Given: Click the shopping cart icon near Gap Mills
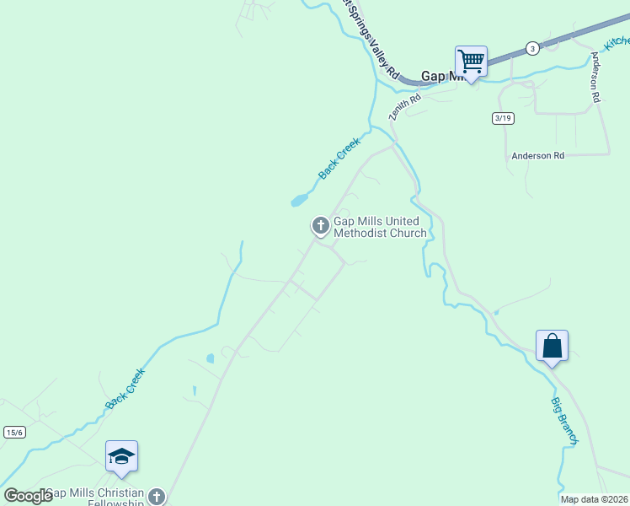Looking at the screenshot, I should (471, 61).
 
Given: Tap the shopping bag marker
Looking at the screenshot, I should (552, 346).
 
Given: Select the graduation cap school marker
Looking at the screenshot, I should (121, 456).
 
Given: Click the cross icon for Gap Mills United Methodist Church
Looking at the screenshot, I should (320, 226).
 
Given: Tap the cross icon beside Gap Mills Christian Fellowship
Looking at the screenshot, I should (157, 497).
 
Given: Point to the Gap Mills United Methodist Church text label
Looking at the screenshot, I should (380, 227).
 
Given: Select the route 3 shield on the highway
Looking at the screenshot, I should (532, 48).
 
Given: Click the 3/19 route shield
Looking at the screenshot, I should (503, 118).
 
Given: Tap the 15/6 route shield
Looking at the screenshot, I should (14, 432).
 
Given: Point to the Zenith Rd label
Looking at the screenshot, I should (403, 105).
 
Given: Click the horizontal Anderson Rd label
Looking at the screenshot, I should (537, 156).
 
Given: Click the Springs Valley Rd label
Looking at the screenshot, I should (370, 38).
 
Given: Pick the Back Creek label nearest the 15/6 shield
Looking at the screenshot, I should (125, 389).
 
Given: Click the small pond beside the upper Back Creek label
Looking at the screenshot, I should (298, 201).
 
